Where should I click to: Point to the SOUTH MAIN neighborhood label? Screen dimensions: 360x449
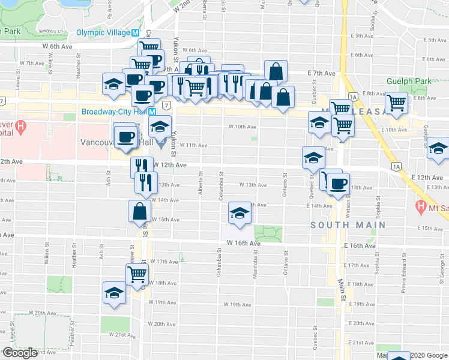pyautogui.click(x=348, y=224)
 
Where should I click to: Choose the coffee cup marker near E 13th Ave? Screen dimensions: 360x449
pyautogui.click(x=337, y=184)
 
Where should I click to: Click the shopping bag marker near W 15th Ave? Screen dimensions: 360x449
pyautogui.click(x=140, y=211)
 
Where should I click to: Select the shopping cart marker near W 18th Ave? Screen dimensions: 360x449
pyautogui.click(x=137, y=275)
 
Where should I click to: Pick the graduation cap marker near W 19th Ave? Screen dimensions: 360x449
pyautogui.click(x=113, y=293)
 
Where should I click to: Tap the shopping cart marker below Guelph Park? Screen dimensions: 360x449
pyautogui.click(x=397, y=103)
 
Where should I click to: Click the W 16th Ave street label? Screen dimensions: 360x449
pyautogui.click(x=244, y=244)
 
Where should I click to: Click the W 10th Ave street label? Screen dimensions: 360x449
pyautogui.click(x=243, y=127)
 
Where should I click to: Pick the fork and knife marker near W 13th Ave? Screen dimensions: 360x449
pyautogui.click(x=146, y=182)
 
